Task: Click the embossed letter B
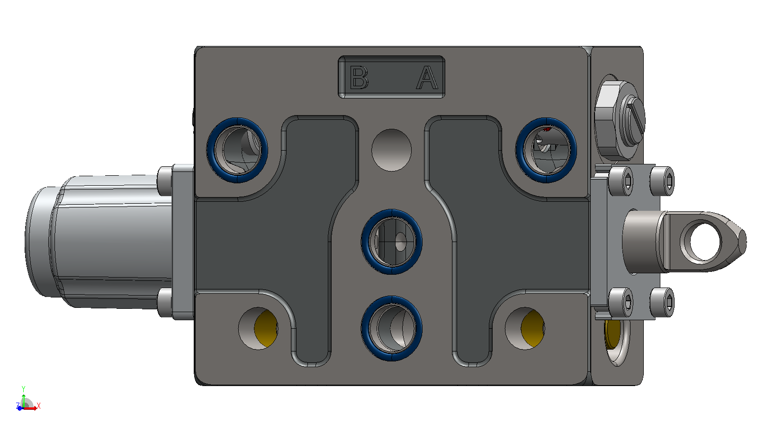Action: [x=359, y=77]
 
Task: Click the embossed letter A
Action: [x=427, y=77]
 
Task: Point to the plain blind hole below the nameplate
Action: [x=392, y=150]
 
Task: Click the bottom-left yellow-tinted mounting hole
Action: [x=258, y=328]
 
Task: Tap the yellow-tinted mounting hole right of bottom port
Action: [x=525, y=328]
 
